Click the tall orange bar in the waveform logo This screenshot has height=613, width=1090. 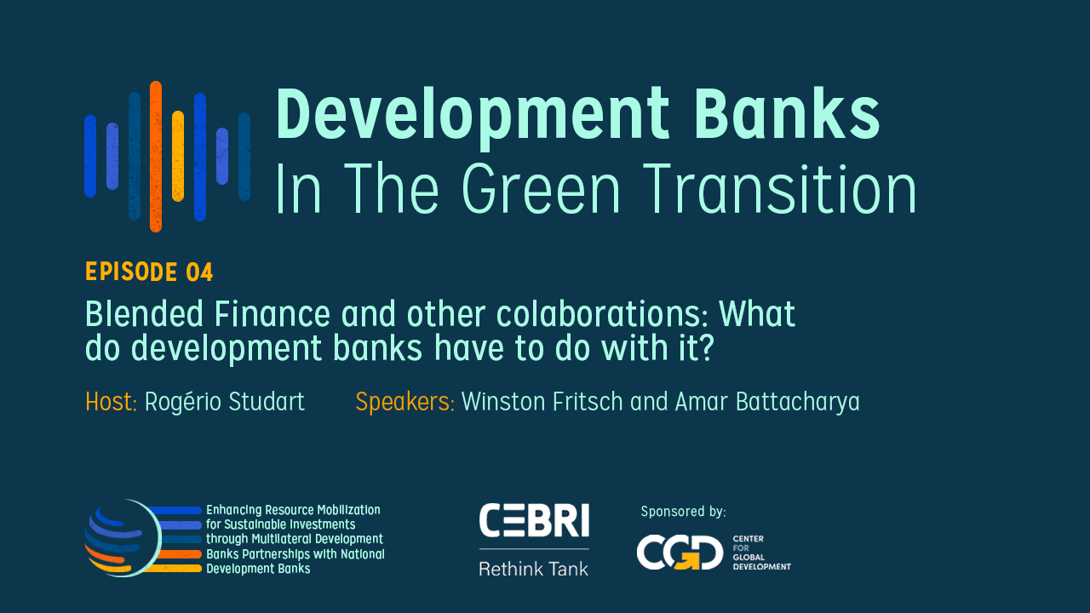(156, 156)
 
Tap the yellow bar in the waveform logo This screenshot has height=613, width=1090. (178, 156)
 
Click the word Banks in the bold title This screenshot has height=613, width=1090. (788, 114)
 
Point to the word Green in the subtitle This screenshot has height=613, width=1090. (541, 189)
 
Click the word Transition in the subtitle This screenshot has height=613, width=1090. (781, 189)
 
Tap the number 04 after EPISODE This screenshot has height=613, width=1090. (199, 272)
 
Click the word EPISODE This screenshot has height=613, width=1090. (131, 272)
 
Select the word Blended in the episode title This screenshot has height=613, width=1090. (145, 314)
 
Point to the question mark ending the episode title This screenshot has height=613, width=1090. (703, 348)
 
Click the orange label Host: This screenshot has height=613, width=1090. (112, 402)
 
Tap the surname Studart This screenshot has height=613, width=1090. (267, 402)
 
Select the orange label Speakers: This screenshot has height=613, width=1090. (404, 403)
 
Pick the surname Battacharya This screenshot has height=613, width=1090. (798, 403)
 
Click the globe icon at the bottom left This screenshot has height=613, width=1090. (123, 538)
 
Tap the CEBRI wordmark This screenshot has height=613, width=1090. (534, 520)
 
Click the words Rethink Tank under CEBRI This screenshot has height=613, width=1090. (534, 569)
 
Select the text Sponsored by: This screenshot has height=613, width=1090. (683, 512)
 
